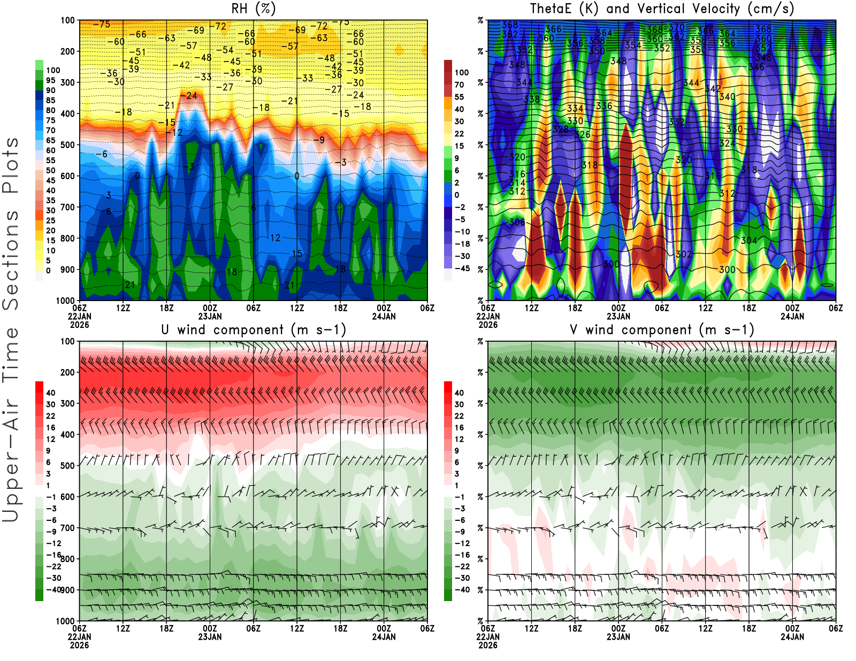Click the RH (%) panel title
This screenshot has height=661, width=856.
(x=254, y=9)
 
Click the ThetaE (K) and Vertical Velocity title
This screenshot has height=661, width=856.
(x=662, y=9)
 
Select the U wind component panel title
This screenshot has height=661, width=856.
(x=254, y=330)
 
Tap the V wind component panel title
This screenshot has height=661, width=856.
(x=662, y=330)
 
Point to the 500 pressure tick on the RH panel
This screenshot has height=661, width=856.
(x=68, y=145)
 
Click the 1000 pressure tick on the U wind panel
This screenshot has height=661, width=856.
(x=66, y=621)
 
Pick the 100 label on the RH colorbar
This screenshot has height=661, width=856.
(x=53, y=71)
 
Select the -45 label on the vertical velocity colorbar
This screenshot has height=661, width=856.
(x=462, y=268)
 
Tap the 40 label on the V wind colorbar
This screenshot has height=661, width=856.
(x=459, y=393)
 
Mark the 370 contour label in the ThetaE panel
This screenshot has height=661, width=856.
(x=677, y=27)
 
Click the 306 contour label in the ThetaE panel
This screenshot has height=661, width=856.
(x=517, y=222)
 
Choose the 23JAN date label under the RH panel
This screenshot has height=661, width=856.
(x=210, y=316)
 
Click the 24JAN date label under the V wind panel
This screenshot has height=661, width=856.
(x=792, y=637)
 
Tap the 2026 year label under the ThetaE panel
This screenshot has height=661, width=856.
(x=488, y=325)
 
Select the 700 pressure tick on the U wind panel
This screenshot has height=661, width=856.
(x=68, y=528)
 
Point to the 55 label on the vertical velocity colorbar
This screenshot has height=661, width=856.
(x=459, y=97)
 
